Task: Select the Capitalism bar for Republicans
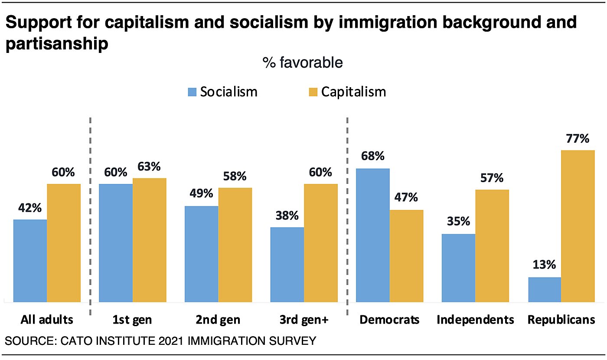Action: (x=578, y=226)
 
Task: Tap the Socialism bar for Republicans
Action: (x=544, y=289)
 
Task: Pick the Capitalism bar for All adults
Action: (x=64, y=242)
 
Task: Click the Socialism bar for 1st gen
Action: (x=116, y=242)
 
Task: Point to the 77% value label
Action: (x=577, y=139)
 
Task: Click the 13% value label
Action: (x=545, y=265)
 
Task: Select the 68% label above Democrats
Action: (x=372, y=156)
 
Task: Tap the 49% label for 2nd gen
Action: (x=201, y=193)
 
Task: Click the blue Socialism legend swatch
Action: (x=192, y=92)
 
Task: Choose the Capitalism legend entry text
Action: (x=353, y=92)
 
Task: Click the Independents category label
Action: (x=475, y=320)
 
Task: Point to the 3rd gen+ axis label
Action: (x=304, y=320)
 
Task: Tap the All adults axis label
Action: (x=47, y=320)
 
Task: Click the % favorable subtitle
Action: (x=302, y=63)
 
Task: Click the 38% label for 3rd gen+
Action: (x=287, y=215)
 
